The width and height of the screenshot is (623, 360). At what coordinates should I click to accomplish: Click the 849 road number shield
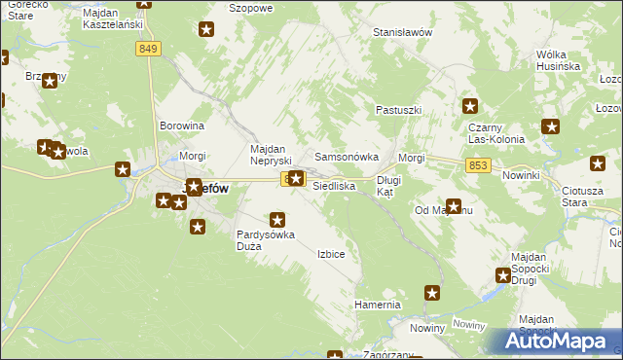(148, 49)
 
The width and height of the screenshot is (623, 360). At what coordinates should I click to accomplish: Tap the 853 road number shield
(477, 166)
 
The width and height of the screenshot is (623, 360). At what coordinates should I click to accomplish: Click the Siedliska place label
(334, 185)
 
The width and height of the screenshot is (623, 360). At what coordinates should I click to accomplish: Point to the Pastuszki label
(399, 111)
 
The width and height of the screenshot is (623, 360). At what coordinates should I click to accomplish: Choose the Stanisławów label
(402, 32)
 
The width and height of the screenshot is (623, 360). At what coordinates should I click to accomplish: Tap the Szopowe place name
(249, 7)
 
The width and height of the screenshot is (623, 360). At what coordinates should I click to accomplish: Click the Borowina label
(182, 126)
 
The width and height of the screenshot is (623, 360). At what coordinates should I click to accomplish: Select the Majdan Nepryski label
(272, 156)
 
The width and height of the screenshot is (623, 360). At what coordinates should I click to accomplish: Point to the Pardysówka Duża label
(264, 240)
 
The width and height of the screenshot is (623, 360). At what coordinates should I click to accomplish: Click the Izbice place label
(331, 254)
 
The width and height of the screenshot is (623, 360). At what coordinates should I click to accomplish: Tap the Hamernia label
(378, 305)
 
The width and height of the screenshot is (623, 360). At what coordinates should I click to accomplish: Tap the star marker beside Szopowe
(206, 29)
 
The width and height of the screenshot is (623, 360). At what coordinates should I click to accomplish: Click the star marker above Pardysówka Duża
(277, 221)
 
